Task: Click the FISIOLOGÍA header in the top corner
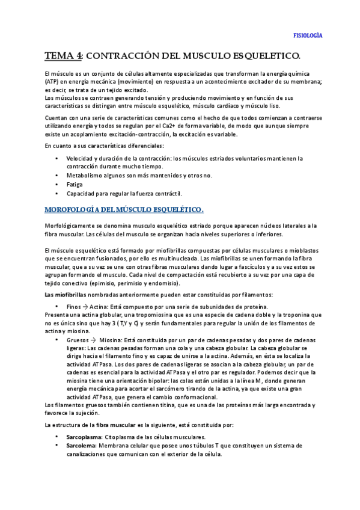(307, 35)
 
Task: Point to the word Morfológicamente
(74, 225)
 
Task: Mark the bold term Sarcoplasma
(84, 437)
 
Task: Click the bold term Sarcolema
(82, 446)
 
